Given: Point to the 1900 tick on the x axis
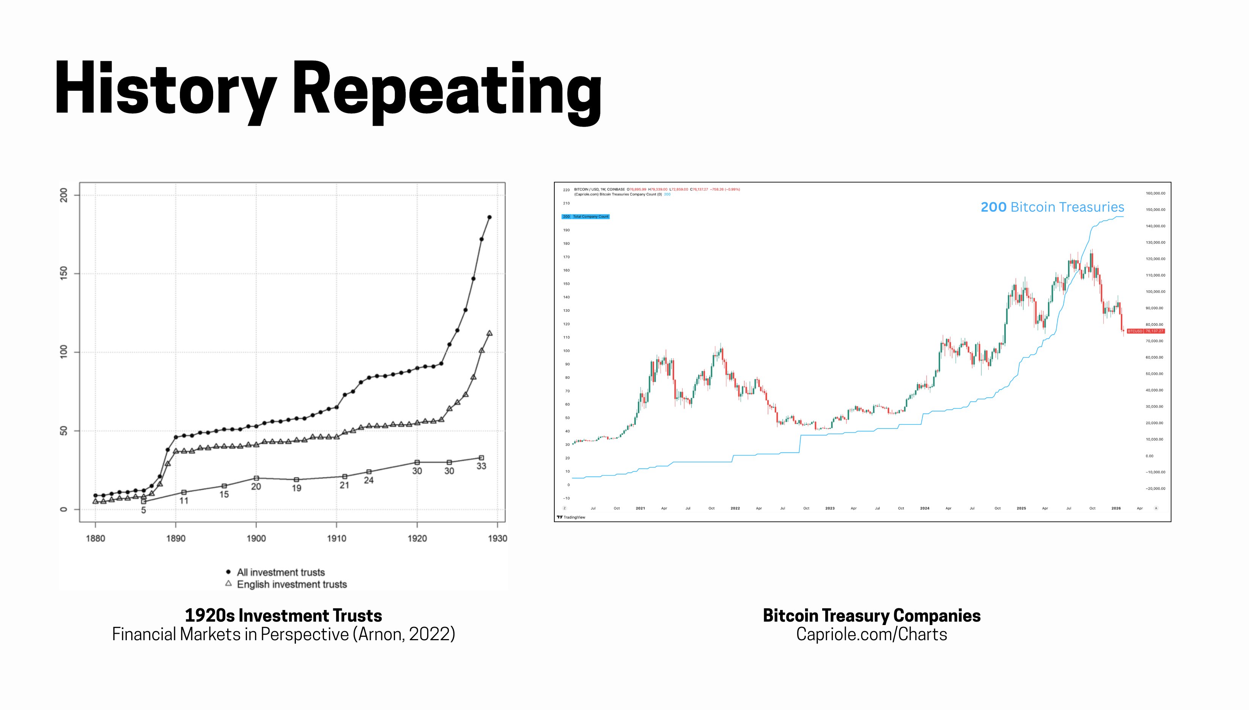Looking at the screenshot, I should click(256, 538).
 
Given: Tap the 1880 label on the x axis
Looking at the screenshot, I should click(95, 538).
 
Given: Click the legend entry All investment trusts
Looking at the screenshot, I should click(280, 572).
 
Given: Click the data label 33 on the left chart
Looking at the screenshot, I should click(481, 466).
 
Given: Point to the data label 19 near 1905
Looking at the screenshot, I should click(297, 488).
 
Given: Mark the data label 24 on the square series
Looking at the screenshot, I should click(369, 480).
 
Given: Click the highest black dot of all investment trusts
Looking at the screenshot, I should click(490, 217).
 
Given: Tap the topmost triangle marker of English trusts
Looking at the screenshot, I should click(490, 333).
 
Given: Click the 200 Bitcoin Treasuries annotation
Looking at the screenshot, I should click(1052, 207).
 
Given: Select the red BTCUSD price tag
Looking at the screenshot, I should click(1145, 331).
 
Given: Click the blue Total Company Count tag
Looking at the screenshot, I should click(586, 217).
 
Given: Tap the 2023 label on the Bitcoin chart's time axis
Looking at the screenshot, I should click(830, 508).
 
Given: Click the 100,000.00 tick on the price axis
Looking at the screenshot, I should click(1155, 292).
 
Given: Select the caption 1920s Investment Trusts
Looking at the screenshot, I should click(283, 616).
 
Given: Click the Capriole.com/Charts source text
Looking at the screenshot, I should click(871, 635).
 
